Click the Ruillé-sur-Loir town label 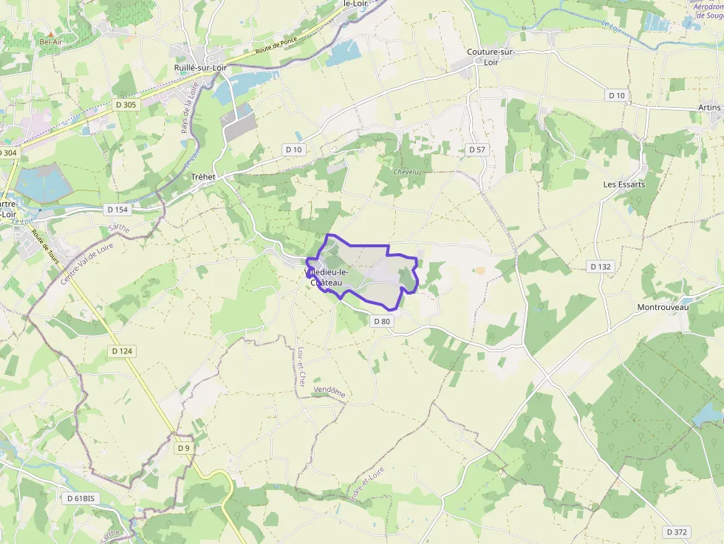[x=199, y=68]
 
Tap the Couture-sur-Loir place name [x=491, y=57]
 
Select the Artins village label [x=708, y=108]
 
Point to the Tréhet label [x=203, y=177]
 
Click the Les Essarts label [x=624, y=184]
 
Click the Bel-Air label [x=50, y=42]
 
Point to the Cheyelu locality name [x=406, y=172]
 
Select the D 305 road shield [x=126, y=105]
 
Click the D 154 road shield [x=117, y=210]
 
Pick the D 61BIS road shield [x=81, y=498]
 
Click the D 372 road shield [x=677, y=531]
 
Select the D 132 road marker [x=601, y=266]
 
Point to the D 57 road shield [x=477, y=150]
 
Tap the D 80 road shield [x=381, y=321]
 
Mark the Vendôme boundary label [x=329, y=393]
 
